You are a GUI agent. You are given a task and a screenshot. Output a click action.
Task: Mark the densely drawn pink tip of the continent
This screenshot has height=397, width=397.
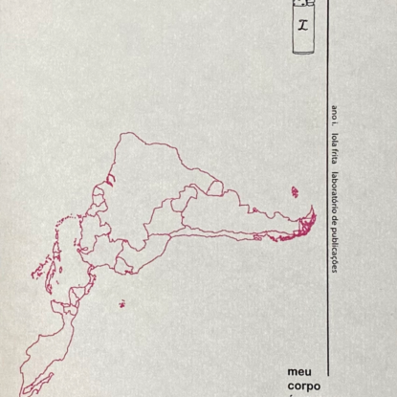tap(304, 225)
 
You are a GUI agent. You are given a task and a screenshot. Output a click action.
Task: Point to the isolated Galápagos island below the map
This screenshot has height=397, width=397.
tap(121, 304)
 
